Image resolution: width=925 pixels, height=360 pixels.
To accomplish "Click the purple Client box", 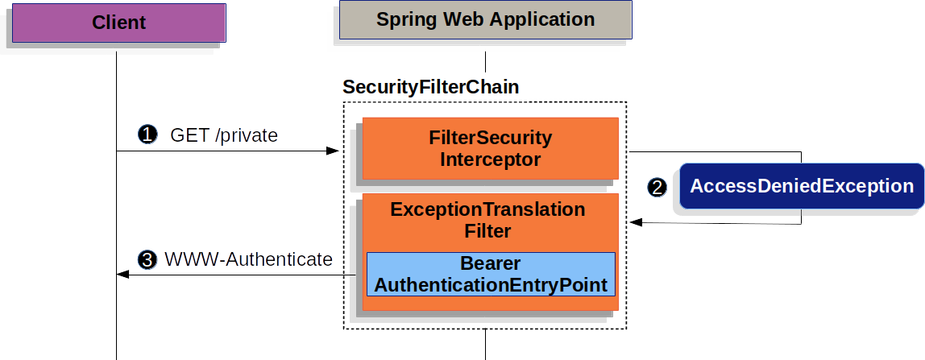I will [118, 22].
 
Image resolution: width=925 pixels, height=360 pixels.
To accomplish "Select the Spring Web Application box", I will [485, 19].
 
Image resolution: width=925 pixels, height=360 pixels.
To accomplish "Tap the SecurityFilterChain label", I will [431, 87].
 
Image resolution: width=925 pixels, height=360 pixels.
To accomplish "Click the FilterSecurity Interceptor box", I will [490, 148].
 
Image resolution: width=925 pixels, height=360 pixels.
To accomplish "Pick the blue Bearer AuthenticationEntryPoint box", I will [491, 275].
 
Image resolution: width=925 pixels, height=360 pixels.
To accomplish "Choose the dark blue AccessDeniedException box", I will [802, 187].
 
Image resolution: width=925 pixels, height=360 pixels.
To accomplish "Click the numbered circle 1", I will [147, 135].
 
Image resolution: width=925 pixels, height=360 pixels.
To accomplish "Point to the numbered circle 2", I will [657, 188].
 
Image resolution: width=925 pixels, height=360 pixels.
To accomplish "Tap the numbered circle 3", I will [147, 259].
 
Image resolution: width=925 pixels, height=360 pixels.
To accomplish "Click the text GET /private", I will [224, 135].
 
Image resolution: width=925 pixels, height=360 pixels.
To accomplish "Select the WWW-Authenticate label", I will [248, 259].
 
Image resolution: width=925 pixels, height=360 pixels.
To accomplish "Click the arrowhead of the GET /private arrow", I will [333, 151].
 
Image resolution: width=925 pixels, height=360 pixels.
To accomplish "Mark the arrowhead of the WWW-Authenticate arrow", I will [122, 275].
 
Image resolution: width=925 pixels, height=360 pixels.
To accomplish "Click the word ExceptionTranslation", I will [487, 209].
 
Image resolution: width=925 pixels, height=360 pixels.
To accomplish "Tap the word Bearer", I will [490, 264].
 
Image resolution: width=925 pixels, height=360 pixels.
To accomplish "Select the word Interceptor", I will [490, 159].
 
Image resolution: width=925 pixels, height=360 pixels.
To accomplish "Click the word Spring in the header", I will [404, 19].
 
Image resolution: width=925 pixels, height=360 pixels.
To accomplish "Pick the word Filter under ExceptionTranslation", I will [487, 232].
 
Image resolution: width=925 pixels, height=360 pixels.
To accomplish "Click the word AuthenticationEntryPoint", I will [490, 285].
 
